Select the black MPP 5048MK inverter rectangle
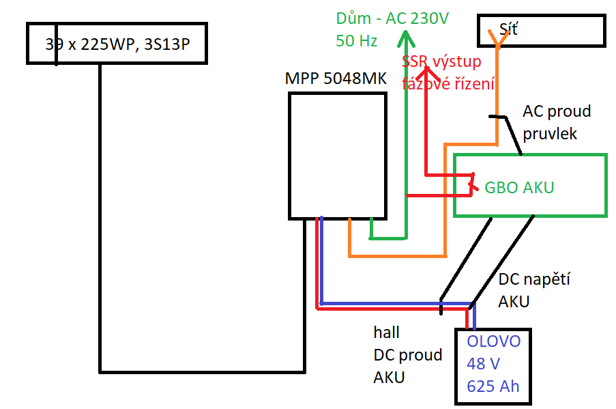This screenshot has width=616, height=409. (337, 156)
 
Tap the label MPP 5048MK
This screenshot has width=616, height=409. (336, 79)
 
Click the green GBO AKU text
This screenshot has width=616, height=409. (519, 187)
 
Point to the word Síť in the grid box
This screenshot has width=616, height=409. (509, 29)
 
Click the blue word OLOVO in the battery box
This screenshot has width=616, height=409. (493, 341)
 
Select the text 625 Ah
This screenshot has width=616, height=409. (493, 386)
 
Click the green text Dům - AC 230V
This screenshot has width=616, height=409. (392, 18)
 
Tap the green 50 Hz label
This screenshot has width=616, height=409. (356, 41)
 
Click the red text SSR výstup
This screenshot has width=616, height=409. (442, 62)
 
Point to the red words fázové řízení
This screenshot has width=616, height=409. (448, 84)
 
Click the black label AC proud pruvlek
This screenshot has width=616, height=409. (557, 122)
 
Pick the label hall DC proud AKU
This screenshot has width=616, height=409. (407, 354)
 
